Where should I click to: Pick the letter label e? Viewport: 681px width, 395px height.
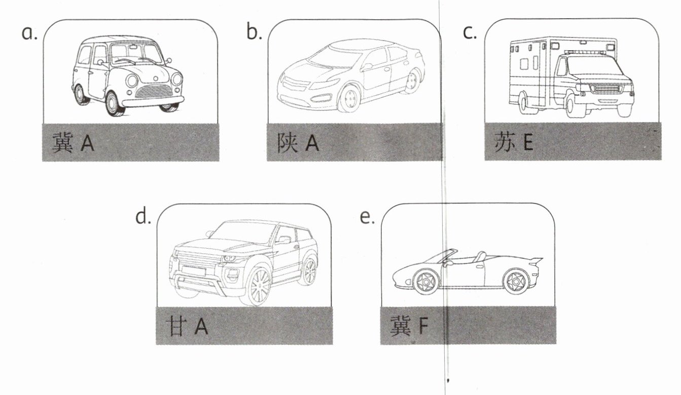[366, 217]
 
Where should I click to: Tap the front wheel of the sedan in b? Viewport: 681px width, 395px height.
[349, 98]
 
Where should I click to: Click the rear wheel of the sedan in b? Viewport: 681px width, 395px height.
[413, 81]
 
